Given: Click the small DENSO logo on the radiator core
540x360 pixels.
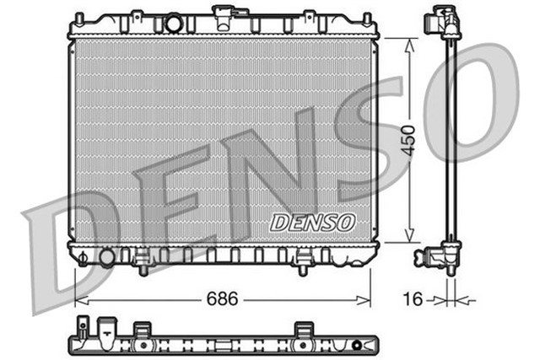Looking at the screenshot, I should coord(313,223).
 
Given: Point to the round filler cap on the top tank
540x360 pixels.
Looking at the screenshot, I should coord(174,23).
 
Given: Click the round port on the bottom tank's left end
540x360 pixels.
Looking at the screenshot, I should coord(107,256).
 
